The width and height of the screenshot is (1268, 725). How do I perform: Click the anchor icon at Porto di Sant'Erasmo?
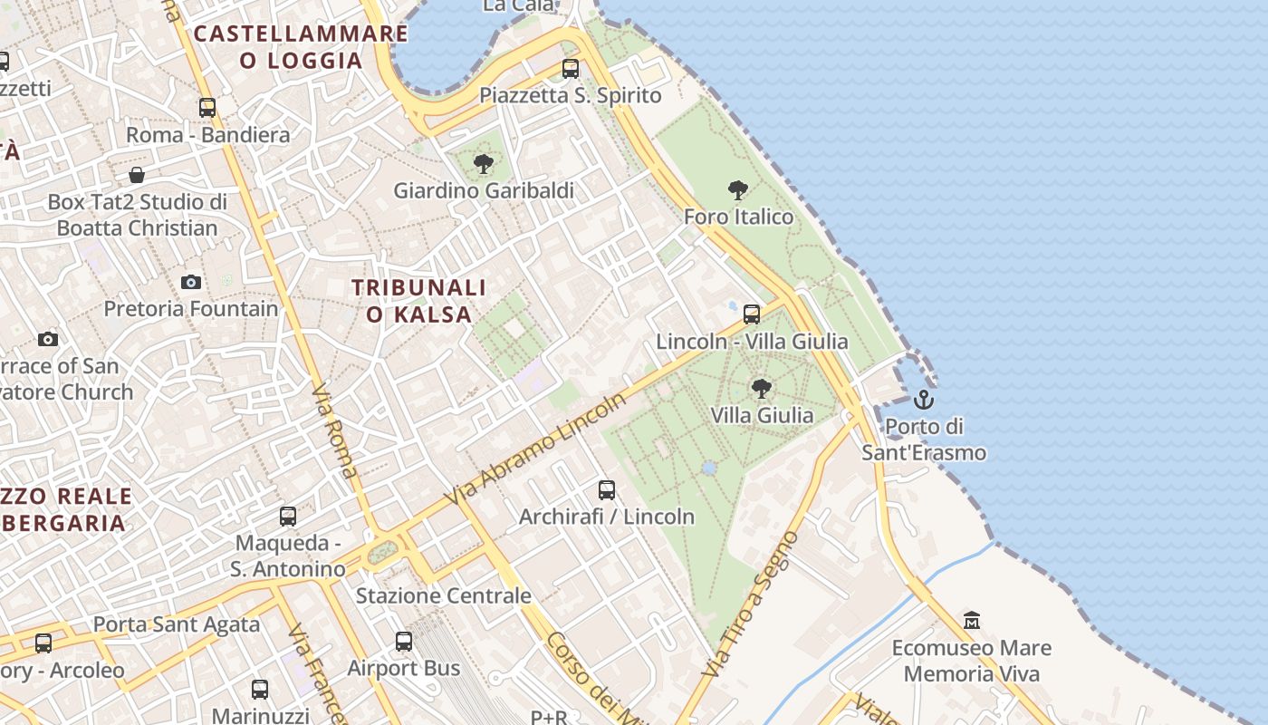923,399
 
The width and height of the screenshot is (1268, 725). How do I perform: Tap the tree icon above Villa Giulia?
762,389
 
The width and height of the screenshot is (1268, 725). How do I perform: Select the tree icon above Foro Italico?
738,190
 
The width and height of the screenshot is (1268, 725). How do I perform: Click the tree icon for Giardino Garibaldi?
484,164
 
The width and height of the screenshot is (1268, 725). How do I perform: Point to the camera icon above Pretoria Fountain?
190,282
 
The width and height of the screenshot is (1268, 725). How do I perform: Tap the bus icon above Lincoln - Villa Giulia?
752,314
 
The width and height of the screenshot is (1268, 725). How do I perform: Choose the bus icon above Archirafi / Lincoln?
607,490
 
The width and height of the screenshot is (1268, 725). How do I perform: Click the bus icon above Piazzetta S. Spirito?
571,69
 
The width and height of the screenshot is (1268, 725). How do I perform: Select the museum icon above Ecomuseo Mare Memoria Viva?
972,621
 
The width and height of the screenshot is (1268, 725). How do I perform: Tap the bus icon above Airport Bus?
404,642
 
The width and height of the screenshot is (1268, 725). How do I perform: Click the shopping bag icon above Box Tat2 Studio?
137,174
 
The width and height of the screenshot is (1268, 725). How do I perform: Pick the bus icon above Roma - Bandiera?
207,108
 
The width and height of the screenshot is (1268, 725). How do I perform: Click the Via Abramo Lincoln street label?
536,450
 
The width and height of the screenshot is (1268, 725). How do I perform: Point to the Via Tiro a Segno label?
751,604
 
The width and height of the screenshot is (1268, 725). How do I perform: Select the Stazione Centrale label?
443,595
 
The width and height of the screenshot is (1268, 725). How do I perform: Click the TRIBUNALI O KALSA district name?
419,301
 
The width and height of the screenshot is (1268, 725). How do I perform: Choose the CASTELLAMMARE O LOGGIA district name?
302,47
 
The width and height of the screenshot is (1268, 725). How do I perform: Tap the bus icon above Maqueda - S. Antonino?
288,517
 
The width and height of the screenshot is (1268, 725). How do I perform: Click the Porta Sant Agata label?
177,624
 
